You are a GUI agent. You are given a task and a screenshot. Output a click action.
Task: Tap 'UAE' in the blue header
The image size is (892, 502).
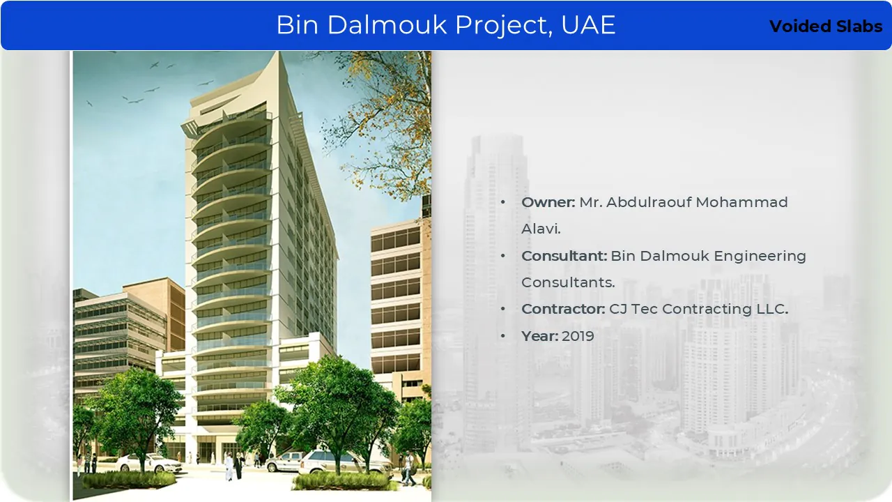point(588,24)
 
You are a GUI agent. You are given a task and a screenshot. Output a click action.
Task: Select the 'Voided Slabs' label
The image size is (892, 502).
point(826,26)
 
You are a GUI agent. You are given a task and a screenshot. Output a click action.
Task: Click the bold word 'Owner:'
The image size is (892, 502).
point(548,202)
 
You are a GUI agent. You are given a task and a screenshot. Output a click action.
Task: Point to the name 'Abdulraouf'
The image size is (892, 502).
point(649,202)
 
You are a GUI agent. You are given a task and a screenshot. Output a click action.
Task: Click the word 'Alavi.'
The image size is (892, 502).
point(541,229)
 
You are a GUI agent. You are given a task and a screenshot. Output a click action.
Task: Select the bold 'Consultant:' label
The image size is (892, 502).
point(564,256)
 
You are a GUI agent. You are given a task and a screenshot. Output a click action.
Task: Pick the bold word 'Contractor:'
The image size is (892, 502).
point(563,309)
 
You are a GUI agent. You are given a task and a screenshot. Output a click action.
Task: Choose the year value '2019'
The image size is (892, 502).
point(578,336)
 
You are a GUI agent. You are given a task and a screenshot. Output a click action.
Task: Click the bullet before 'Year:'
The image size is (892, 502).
point(503,336)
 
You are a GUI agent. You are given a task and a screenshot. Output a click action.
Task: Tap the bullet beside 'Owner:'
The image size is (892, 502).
point(503,202)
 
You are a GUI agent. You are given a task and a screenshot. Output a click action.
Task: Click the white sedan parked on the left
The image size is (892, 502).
point(148,463)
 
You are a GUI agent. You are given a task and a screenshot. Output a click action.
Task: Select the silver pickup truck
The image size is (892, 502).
point(284,462)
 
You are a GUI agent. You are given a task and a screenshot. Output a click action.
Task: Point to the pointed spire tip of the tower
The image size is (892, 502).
point(278,52)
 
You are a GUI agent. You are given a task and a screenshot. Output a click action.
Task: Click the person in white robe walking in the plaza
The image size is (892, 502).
point(229,466)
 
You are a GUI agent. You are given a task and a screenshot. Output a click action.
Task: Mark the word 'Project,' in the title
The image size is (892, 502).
point(504,26)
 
